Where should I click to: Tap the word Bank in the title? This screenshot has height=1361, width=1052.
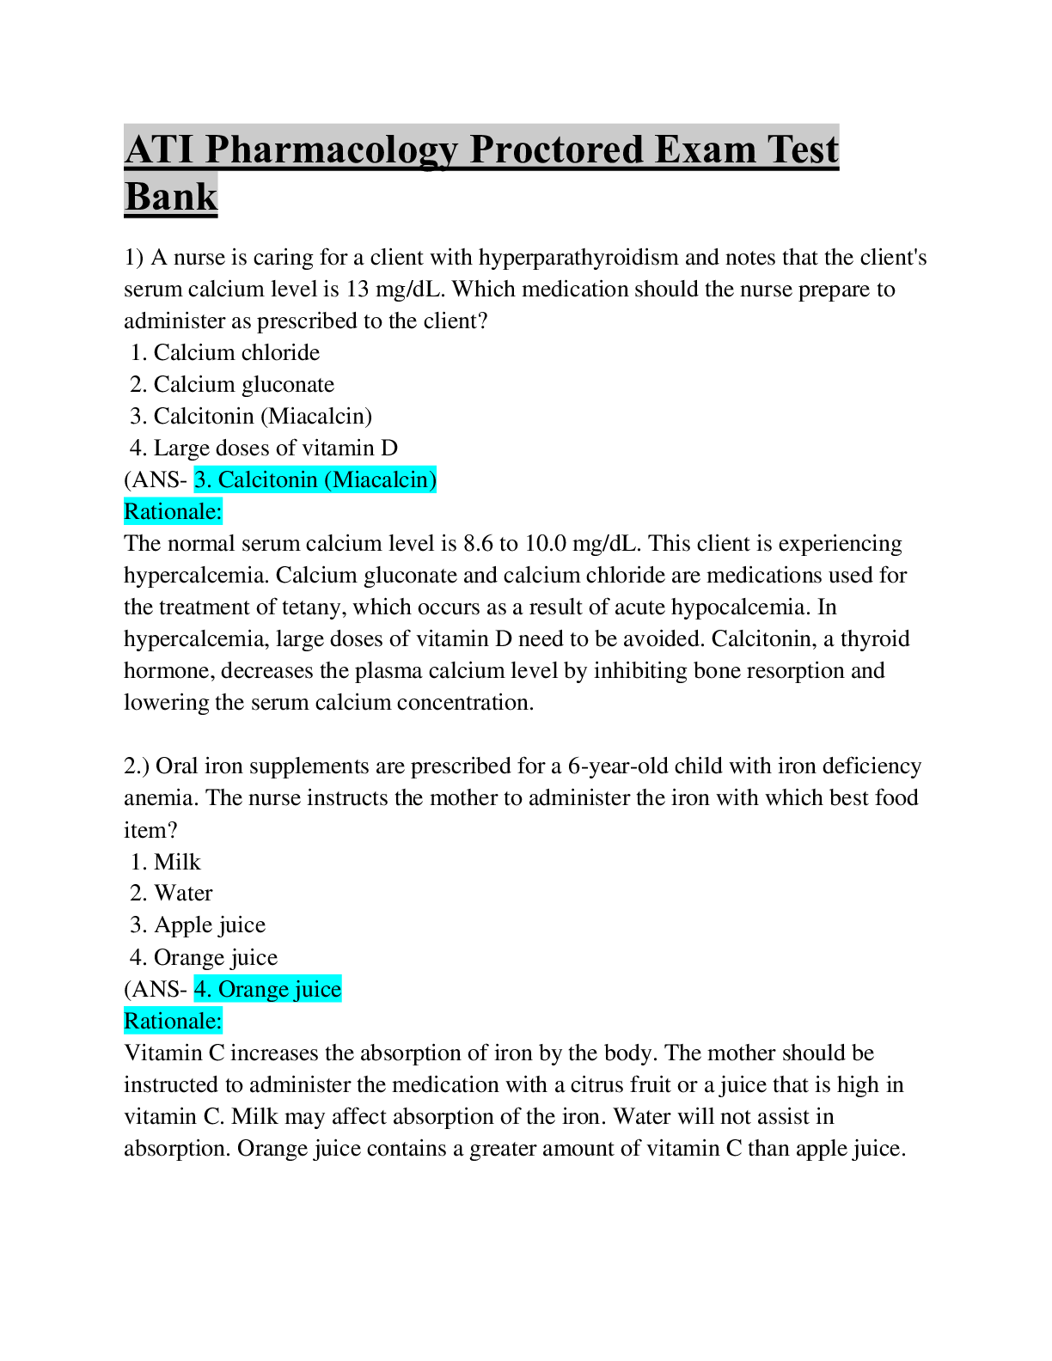click(x=170, y=197)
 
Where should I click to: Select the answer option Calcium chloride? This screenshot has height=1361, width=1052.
click(x=236, y=352)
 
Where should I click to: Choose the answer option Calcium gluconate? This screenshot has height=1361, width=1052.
click(x=244, y=385)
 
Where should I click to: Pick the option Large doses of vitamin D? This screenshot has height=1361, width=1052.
click(x=276, y=448)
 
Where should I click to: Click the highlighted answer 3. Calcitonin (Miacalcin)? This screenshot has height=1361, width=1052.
click(x=315, y=479)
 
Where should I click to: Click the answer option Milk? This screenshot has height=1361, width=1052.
click(x=177, y=862)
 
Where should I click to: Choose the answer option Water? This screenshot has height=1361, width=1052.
click(x=183, y=893)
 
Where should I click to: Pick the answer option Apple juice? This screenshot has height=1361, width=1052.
click(x=210, y=925)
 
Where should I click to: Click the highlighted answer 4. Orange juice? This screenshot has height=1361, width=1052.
click(x=267, y=989)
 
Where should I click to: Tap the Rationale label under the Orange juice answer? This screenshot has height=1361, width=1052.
click(x=173, y=1021)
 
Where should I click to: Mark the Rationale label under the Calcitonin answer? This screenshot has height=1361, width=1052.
click(x=173, y=512)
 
